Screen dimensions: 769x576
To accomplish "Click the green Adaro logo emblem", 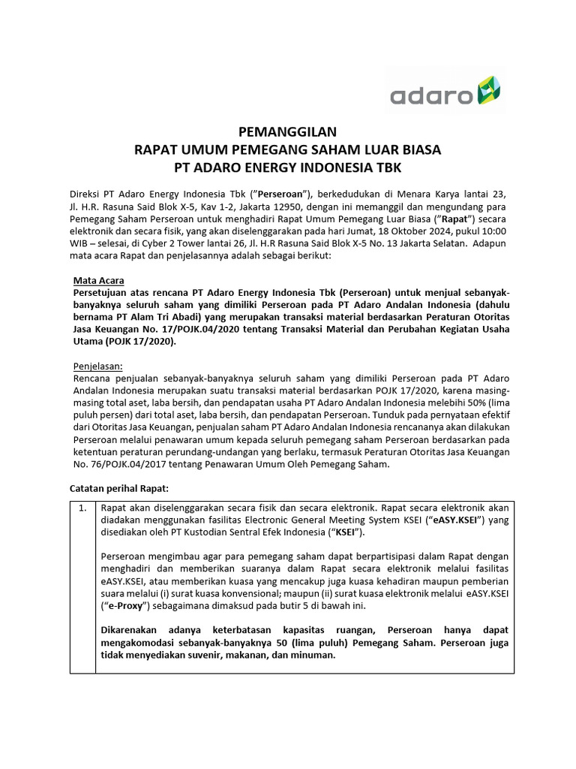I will point(488,94).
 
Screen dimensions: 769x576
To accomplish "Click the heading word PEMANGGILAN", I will point(287,131).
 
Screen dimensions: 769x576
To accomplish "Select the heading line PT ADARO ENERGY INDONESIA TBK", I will point(287,166).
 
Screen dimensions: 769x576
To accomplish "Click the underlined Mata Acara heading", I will point(98,280).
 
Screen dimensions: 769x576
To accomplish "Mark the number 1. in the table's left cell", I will point(82,508).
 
